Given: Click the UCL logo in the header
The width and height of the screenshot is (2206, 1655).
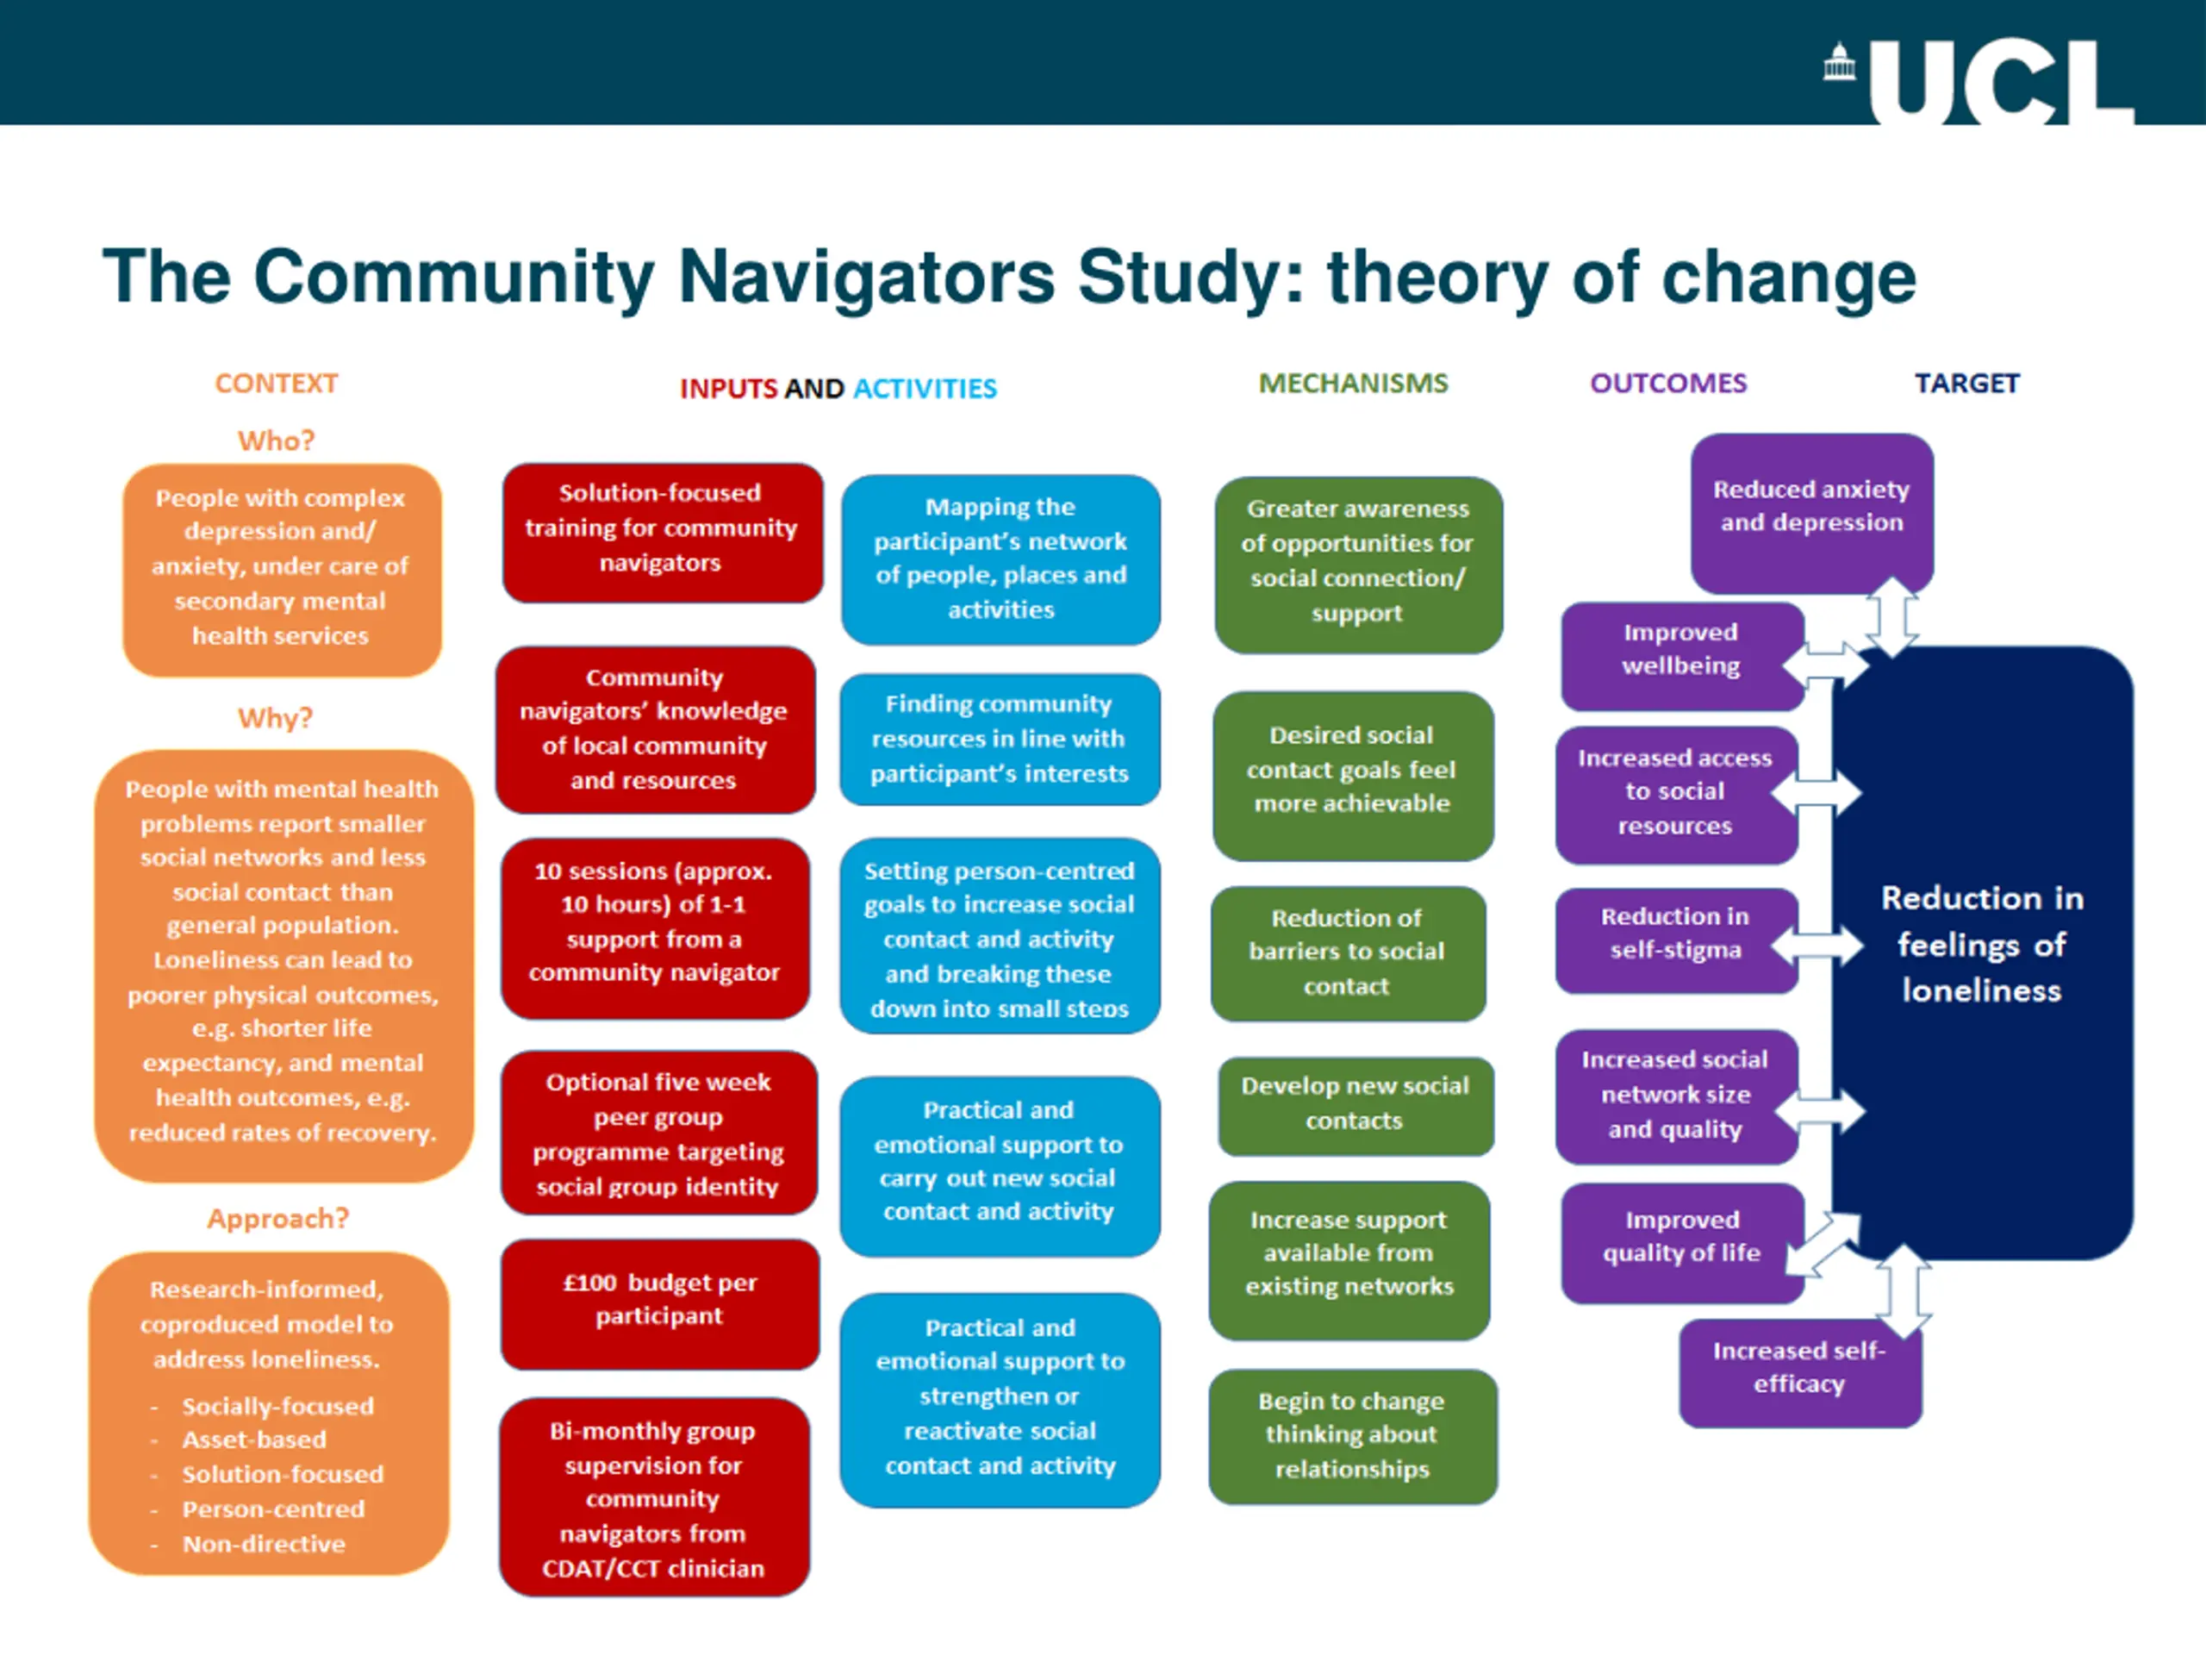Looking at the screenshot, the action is (1979, 82).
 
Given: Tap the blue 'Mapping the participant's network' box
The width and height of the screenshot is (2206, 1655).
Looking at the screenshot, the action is (1000, 559).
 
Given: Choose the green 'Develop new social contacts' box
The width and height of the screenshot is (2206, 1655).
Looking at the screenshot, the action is (1355, 1104).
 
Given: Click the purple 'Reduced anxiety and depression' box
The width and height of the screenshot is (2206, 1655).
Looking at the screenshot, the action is (1811, 509).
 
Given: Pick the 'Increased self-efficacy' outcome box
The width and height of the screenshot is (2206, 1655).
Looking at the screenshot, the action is (1799, 1369).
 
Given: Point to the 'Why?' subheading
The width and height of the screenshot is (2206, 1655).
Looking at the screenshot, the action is (275, 718).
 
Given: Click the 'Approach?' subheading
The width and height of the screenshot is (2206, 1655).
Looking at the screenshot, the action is (278, 1218).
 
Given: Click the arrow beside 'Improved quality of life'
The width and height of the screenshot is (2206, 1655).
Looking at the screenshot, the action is (1821, 1245).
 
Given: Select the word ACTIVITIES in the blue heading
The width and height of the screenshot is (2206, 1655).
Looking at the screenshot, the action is (925, 388).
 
